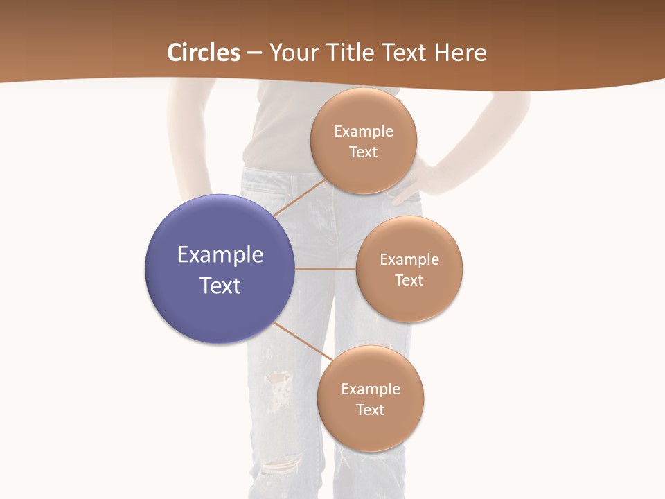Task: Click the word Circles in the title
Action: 204,53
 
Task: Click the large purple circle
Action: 220,269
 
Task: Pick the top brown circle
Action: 364,141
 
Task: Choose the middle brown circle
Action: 409,269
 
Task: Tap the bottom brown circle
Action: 371,399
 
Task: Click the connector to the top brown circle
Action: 299,198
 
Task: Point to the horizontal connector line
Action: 326,269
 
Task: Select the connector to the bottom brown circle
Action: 303,342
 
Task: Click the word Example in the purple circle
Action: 220,255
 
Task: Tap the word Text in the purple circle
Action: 220,286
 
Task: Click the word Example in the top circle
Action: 364,131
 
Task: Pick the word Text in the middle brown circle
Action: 409,280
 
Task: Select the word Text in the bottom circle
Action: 371,410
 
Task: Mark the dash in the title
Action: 254,53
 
